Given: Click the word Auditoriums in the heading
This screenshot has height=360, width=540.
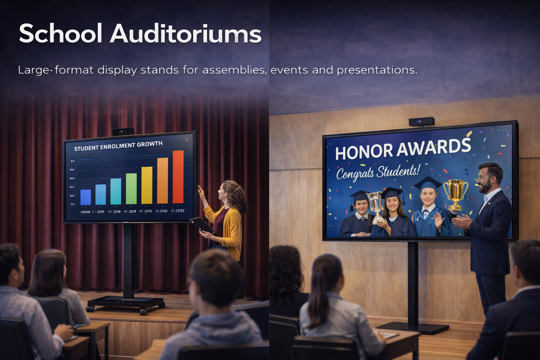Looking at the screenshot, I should (186, 34).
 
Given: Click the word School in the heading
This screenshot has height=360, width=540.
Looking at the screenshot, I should (60, 34).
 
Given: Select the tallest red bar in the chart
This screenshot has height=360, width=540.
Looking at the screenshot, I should (178, 176).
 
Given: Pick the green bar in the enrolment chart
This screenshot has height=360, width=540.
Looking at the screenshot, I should (131, 188).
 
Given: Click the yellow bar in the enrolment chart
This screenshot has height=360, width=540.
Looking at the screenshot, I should (147, 185).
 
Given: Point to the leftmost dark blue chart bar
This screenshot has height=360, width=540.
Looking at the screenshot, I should (85, 197).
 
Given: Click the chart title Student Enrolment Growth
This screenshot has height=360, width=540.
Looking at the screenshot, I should (118, 146).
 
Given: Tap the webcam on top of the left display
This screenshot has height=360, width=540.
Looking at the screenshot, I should (123, 131).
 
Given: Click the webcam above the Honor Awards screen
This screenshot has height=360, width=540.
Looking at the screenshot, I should (422, 122).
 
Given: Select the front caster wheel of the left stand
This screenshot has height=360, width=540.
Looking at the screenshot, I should (143, 311).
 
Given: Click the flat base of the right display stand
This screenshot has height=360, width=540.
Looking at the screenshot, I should (413, 328).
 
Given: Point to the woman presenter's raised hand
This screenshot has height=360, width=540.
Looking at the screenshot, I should (200, 192).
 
